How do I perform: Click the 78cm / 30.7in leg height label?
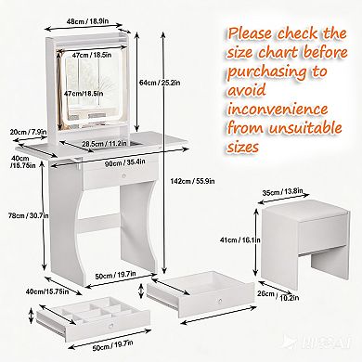pos(28,215)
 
